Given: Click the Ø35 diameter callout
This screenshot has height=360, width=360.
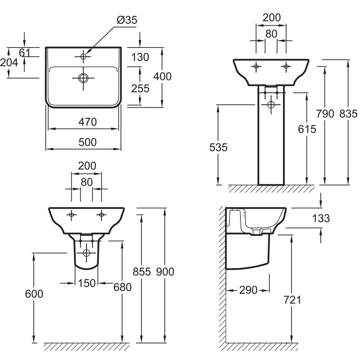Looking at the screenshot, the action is point(127,20).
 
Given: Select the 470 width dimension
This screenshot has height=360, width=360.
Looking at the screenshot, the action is point(87,122).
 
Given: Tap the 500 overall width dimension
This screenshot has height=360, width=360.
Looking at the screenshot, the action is point(87,142).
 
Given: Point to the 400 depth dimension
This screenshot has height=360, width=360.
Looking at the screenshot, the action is point(163,76).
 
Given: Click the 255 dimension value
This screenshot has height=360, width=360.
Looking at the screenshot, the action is point(140,89).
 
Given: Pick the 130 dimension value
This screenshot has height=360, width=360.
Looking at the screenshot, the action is point(140,57).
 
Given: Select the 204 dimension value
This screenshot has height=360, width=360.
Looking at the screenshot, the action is point(9,62).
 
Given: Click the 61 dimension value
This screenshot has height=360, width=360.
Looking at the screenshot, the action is point(24,53).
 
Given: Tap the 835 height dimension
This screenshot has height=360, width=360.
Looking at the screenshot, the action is point(348,114).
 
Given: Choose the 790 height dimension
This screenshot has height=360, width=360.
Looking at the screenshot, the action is point(325,114).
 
